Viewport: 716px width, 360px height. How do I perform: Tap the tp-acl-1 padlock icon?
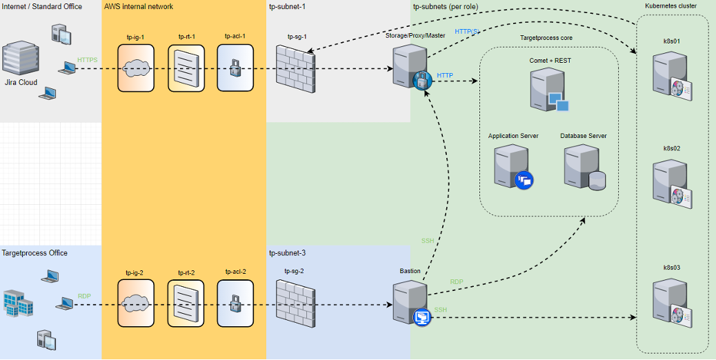pos(235,68)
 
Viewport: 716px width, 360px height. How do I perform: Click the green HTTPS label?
pos(88,60)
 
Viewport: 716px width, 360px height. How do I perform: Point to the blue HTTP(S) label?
pos(466,32)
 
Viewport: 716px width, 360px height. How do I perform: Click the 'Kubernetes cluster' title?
pos(670,6)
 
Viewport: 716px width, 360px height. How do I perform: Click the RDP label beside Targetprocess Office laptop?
pos(84,296)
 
